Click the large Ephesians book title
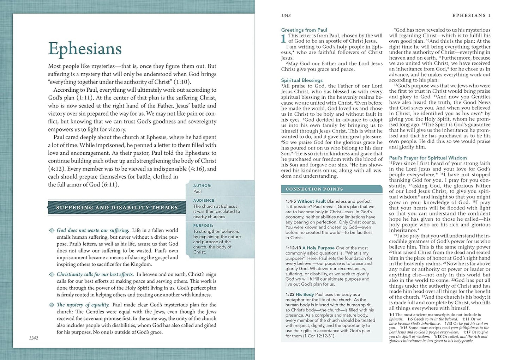point(85,49)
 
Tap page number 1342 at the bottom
point(34,338)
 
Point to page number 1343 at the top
point(286,16)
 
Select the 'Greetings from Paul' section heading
point(304,30)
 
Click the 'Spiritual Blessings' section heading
point(302,80)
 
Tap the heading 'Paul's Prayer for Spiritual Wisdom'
point(428,158)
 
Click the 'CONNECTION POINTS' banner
point(314,189)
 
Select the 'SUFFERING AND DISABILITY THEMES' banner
point(117,208)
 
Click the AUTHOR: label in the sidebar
point(202,185)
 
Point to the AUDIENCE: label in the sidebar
point(204,200)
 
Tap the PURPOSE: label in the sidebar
point(203,225)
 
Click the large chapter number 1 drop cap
point(283,39)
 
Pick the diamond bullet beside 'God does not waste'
point(52,231)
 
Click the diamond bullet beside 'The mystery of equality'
point(52,305)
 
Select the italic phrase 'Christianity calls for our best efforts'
point(95,274)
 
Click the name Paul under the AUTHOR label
point(197,191)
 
